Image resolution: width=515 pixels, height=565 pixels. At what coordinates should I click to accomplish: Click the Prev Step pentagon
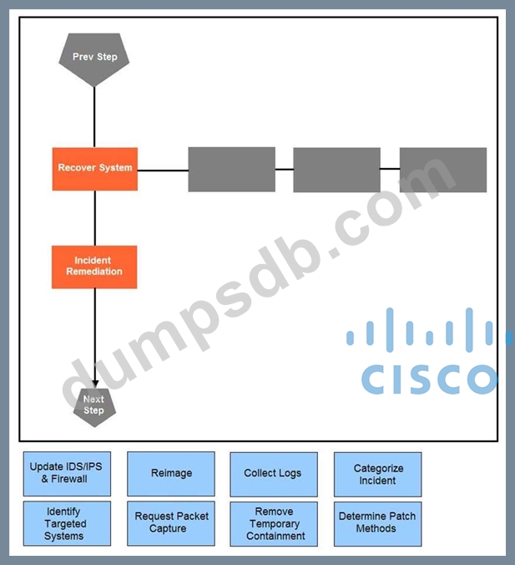[x=94, y=57]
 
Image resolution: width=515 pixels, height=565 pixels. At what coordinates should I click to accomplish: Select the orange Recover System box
[x=94, y=168]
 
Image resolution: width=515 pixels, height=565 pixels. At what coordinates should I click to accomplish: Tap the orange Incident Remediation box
[x=94, y=267]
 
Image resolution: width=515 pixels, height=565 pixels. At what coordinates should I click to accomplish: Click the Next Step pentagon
[x=94, y=406]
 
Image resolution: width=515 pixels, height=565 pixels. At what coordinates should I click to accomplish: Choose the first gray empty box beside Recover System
[x=231, y=170]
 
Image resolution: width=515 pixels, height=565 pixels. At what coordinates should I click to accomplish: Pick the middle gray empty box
[x=336, y=170]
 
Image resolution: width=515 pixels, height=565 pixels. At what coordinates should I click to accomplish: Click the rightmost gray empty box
[x=442, y=170]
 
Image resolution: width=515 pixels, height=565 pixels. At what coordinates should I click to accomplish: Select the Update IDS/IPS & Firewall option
[x=67, y=474]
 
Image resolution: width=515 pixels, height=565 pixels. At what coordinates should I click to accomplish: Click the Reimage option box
[x=171, y=474]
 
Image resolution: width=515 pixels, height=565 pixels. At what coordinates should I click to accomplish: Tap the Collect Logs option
[x=274, y=474]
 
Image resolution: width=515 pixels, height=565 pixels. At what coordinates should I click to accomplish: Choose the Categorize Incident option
[x=377, y=474]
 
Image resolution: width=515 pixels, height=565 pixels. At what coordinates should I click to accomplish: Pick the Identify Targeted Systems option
[x=67, y=524]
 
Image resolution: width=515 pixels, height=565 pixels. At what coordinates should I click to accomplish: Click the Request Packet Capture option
[x=171, y=524]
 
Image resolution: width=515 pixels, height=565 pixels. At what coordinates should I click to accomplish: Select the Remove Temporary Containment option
[x=274, y=524]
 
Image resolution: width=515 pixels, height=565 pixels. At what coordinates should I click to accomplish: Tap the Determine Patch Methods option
[x=377, y=524]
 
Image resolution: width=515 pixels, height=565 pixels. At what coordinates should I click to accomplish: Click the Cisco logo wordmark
[x=428, y=378]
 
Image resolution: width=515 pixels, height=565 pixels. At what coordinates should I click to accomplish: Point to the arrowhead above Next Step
[x=94, y=383]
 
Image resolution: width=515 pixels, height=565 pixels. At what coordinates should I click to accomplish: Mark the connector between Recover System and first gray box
[x=163, y=170]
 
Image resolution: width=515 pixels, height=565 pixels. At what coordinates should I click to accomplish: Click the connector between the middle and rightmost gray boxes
[x=390, y=169]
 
